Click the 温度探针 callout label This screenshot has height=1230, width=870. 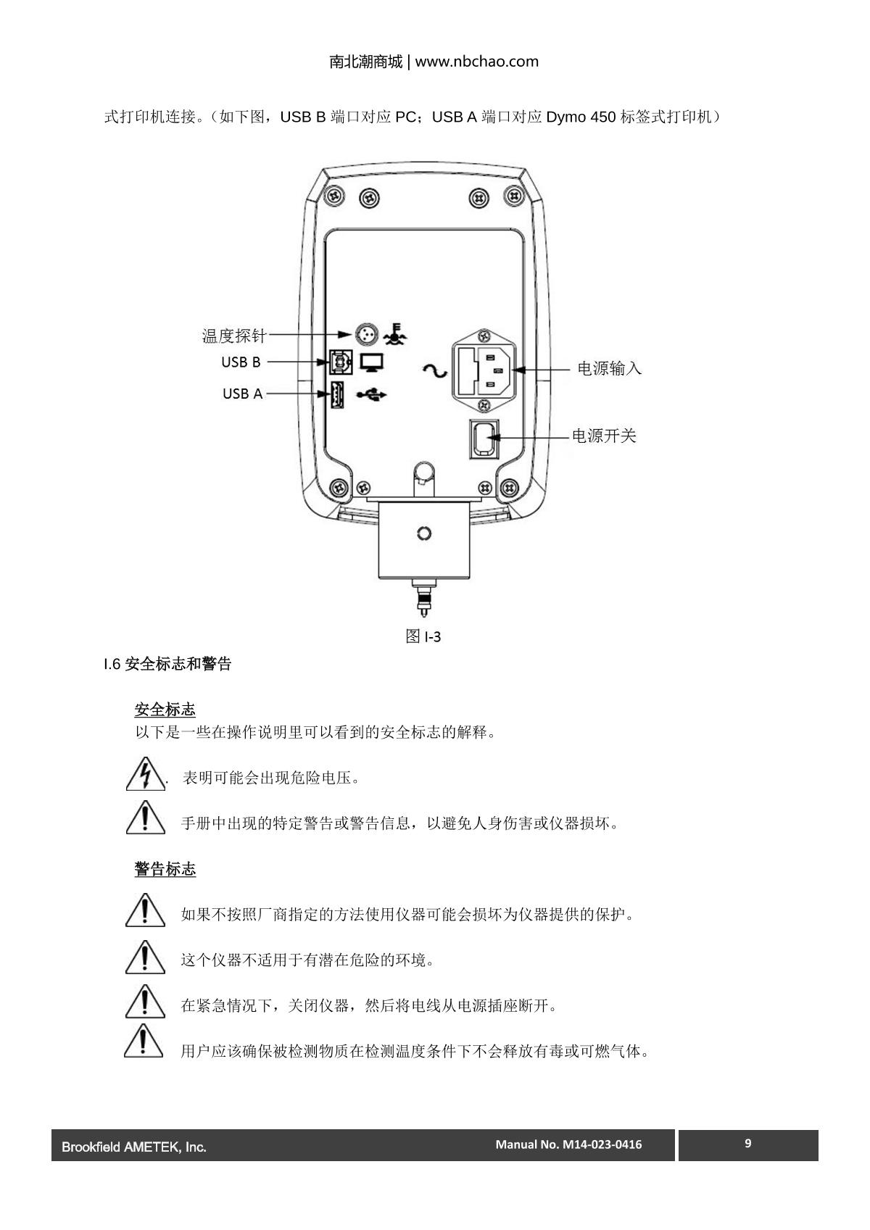[x=234, y=336]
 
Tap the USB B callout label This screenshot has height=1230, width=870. [x=241, y=362]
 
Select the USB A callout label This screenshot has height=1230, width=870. [x=242, y=394]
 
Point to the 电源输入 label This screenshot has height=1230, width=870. [x=609, y=368]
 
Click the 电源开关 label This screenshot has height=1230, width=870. [x=604, y=436]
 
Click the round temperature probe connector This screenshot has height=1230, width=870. [x=366, y=334]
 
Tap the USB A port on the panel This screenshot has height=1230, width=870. [x=337, y=394]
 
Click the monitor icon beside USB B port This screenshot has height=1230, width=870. [x=371, y=361]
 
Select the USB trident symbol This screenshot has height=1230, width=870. [x=372, y=394]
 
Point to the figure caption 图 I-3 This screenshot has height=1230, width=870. [x=423, y=636]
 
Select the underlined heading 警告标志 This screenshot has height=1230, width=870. [x=165, y=869]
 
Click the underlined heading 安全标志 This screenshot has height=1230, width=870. [x=165, y=709]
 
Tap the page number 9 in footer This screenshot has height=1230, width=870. [x=748, y=1144]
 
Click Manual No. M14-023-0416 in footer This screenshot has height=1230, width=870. [x=568, y=1144]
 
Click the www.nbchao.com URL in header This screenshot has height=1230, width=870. [x=476, y=62]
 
